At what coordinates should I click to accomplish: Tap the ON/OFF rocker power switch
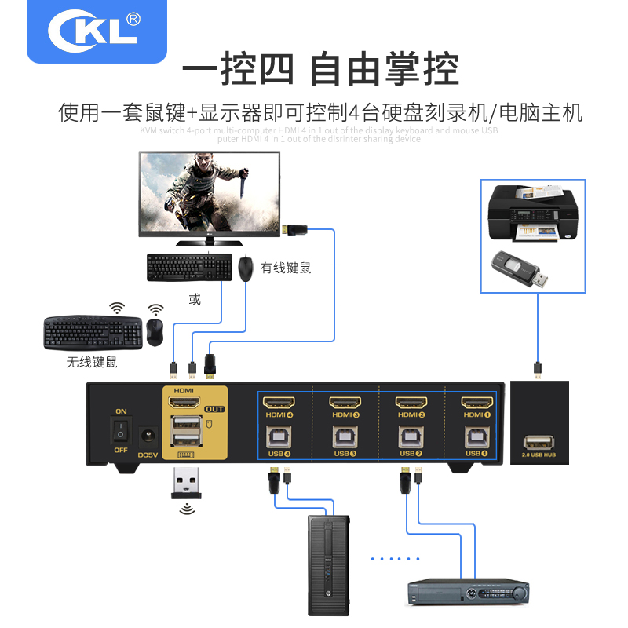click(x=121, y=429)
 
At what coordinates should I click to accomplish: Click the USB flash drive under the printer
click(x=518, y=272)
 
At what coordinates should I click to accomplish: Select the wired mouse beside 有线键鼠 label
click(x=246, y=268)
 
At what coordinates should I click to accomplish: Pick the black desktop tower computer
click(x=327, y=565)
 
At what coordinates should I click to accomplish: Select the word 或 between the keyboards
click(x=195, y=299)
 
